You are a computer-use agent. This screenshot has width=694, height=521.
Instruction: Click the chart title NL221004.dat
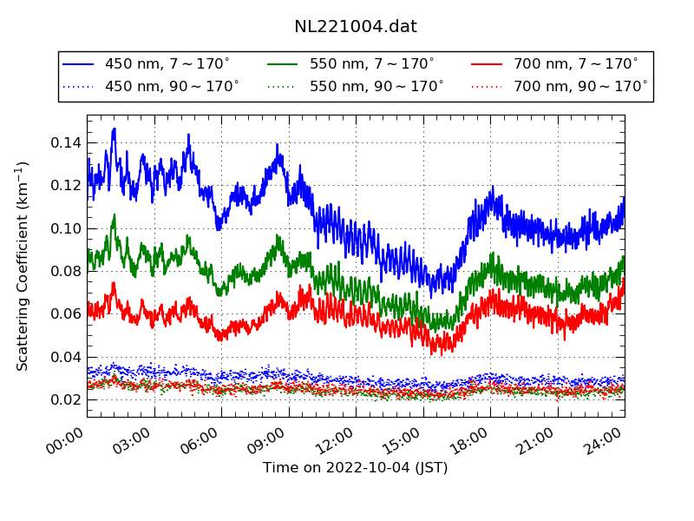356,27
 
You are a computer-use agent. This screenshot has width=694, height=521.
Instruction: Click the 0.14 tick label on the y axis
65,142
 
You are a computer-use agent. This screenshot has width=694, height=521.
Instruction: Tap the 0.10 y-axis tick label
65,228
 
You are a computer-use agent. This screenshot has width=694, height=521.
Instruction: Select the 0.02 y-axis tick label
65,399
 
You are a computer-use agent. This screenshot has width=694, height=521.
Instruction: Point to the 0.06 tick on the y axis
65,313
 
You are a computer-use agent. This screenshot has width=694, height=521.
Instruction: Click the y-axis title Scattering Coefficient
23,266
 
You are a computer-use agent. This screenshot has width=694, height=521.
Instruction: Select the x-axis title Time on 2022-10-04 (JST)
356,468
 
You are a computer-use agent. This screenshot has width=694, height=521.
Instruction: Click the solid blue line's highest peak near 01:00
114,129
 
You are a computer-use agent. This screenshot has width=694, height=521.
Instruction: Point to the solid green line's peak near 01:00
114,215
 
